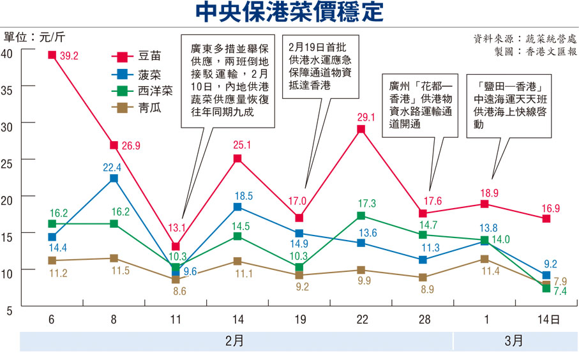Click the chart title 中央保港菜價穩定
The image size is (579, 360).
[289, 13]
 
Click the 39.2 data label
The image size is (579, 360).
[69, 56]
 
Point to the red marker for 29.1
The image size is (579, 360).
[361, 129]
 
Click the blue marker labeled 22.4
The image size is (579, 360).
[114, 178]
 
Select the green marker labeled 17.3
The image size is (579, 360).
[361, 216]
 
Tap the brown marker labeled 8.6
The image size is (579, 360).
[176, 280]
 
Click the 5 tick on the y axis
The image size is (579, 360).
[10, 311]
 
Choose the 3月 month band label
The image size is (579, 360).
[514, 341]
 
